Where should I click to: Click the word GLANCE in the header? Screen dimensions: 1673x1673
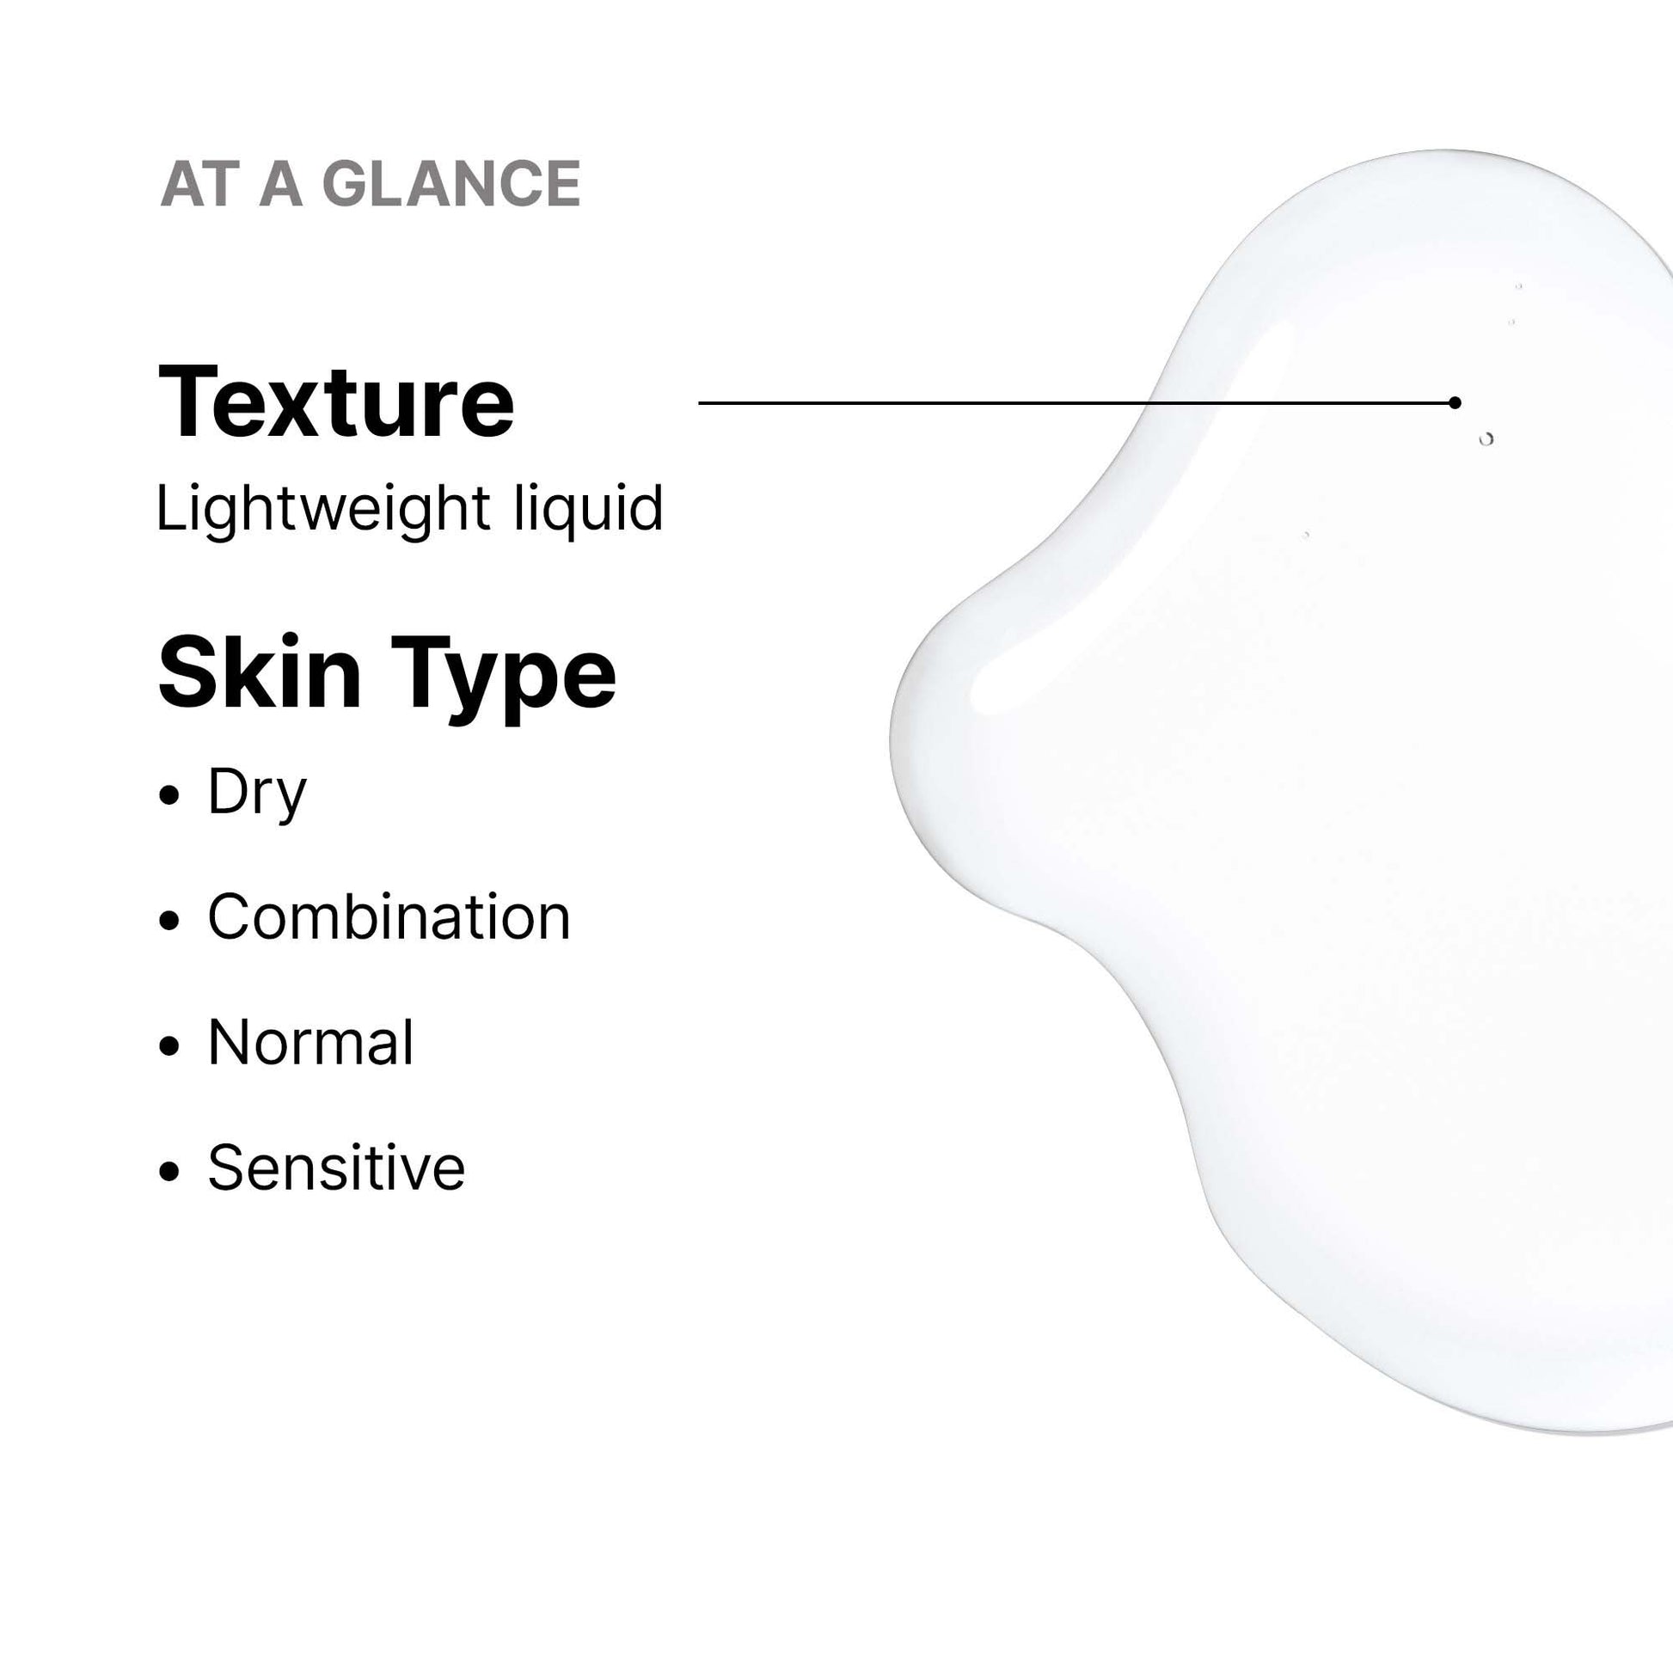click(451, 184)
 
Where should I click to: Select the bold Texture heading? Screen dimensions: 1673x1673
click(336, 402)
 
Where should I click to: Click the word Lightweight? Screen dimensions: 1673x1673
click(324, 508)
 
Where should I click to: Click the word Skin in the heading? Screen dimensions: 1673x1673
click(260, 673)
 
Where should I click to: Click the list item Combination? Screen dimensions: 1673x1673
click(389, 916)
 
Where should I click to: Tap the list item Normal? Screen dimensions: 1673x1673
click(311, 1042)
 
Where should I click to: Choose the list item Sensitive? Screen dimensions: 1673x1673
click(336, 1167)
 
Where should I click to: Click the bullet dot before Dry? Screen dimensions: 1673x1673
click(169, 795)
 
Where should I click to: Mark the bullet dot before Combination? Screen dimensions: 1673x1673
click(169, 921)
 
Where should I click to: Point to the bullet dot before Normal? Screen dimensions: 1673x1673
click(169, 1045)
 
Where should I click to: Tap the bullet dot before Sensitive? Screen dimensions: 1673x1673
click(169, 1171)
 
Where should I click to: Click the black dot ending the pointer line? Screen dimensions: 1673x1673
click(1455, 402)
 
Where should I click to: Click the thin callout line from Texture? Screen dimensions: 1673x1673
click(1076, 402)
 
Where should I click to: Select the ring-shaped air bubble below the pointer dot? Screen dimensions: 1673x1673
click(1486, 439)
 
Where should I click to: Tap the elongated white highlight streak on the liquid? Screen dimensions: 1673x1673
click(1125, 519)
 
